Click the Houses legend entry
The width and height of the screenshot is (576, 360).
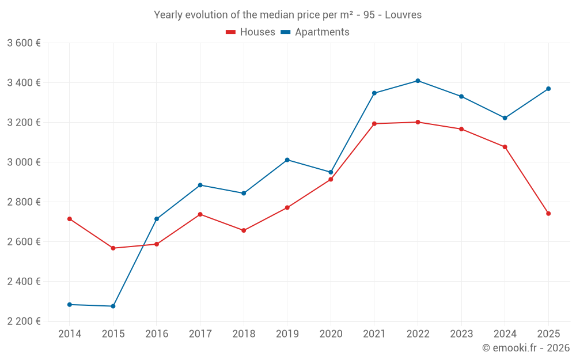pyautogui.click(x=251, y=32)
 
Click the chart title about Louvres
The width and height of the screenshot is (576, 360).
pyautogui.click(x=287, y=15)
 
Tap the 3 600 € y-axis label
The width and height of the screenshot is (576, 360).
pyautogui.click(x=24, y=43)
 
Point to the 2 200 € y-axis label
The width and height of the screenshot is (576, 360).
pyautogui.click(x=24, y=321)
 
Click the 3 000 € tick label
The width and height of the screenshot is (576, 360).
pyautogui.click(x=24, y=162)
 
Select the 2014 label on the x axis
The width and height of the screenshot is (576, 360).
pyautogui.click(x=70, y=334)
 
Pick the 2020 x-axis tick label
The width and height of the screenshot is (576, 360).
pyautogui.click(x=331, y=334)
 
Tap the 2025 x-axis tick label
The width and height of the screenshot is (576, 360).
pyautogui.click(x=548, y=334)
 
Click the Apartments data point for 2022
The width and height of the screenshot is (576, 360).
pyautogui.click(x=418, y=81)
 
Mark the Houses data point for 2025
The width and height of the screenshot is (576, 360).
pyautogui.click(x=548, y=214)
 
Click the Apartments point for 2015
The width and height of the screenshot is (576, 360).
pyautogui.click(x=113, y=306)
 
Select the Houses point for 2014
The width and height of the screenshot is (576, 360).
pyautogui.click(x=70, y=219)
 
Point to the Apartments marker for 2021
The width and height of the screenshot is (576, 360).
pyautogui.click(x=374, y=93)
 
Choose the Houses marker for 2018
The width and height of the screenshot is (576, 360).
pyautogui.click(x=244, y=230)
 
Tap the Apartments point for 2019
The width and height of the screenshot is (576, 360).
pyautogui.click(x=287, y=160)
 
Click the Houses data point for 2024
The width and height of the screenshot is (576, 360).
pyautogui.click(x=505, y=147)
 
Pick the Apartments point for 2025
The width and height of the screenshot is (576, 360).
pyautogui.click(x=548, y=89)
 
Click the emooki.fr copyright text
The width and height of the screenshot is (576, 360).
pyautogui.click(x=525, y=348)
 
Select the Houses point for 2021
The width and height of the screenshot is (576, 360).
pyautogui.click(x=374, y=124)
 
